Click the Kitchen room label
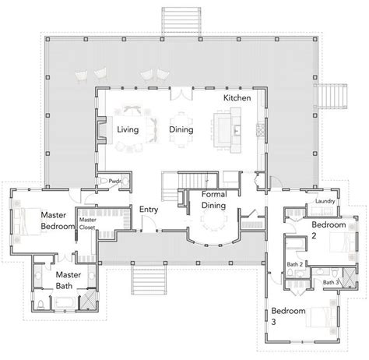[237, 98]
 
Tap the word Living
[128, 129]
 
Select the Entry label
[149, 210]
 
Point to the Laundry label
[325, 201]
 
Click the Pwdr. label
[115, 181]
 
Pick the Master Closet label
[87, 224]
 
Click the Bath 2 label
[295, 264]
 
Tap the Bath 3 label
[331, 282]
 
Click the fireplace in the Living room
[102, 130]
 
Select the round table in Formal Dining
[214, 220]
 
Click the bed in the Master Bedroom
[26, 221]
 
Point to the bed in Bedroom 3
[320, 317]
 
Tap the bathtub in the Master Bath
[65, 303]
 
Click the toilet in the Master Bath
[40, 304]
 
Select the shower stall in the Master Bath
[87, 299]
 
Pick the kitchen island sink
[237, 130]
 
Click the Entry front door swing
[149, 223]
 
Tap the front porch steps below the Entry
[149, 280]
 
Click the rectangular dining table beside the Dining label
[181, 129]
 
